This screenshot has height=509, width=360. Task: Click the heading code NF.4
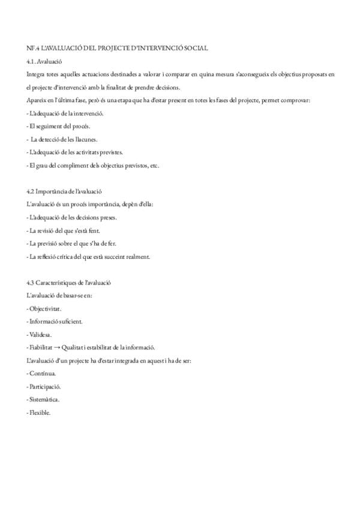click(x=33, y=47)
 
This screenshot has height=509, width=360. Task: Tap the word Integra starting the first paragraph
click(x=35, y=74)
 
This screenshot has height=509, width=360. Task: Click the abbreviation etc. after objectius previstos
click(x=154, y=165)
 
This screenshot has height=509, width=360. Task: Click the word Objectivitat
click(x=45, y=308)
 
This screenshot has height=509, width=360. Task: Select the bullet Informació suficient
click(x=56, y=321)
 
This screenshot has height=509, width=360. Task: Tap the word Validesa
click(x=41, y=334)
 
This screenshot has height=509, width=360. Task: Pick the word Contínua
click(x=43, y=373)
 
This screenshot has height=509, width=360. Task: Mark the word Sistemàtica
click(x=45, y=399)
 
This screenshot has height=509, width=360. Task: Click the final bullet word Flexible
click(x=41, y=412)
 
